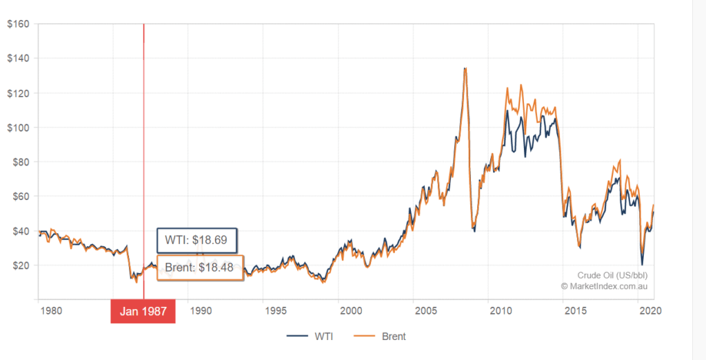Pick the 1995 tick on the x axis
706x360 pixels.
click(x=275, y=310)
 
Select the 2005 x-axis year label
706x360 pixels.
click(x=425, y=310)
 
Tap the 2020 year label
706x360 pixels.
click(x=650, y=310)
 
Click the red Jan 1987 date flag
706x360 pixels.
click(x=143, y=311)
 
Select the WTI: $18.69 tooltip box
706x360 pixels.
click(x=196, y=241)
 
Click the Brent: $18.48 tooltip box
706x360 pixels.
click(x=200, y=268)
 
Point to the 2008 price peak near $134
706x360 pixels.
click(x=465, y=68)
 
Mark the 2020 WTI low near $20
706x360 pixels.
click(x=642, y=264)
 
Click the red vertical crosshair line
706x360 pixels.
click(x=143, y=138)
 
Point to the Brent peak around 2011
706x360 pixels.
click(x=507, y=88)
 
